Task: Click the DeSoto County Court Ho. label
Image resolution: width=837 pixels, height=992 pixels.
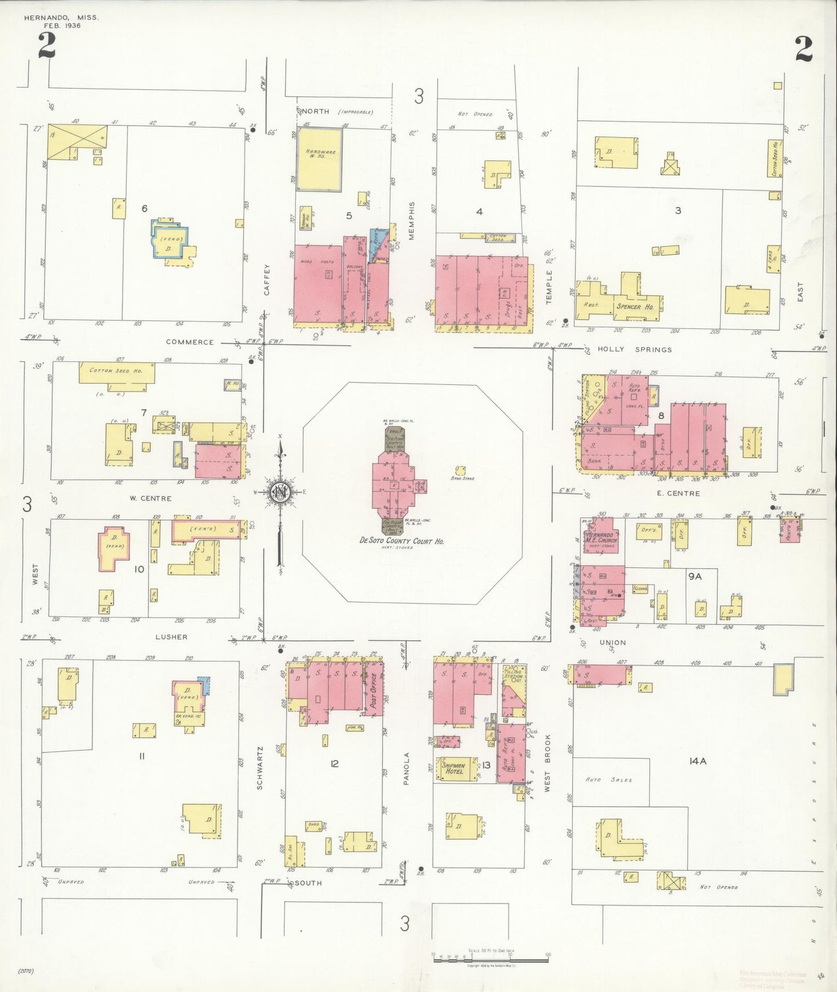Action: pos(401,541)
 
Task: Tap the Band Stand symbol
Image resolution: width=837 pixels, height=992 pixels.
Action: pos(461,470)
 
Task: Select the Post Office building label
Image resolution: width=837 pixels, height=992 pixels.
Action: pos(374,690)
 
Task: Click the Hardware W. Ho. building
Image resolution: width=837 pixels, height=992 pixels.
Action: pos(319,159)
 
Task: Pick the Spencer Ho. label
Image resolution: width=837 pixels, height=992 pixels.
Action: pos(634,306)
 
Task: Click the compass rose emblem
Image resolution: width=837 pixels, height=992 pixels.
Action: pos(280,492)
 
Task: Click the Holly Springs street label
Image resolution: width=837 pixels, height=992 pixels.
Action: pos(634,350)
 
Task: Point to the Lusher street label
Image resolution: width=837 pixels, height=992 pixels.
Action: pos(171,637)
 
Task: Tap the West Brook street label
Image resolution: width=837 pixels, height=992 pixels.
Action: pos(547,763)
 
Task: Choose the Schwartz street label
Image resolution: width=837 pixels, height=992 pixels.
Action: pos(260,767)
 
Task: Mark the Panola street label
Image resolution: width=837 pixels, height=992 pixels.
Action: pos(407,768)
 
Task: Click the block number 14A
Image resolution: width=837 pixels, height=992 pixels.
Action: pos(697,762)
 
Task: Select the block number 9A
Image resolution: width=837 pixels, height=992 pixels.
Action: pos(695,576)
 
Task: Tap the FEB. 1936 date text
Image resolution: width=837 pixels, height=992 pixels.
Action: pos(62,25)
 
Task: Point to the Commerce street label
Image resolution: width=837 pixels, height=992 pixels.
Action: pos(189,342)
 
